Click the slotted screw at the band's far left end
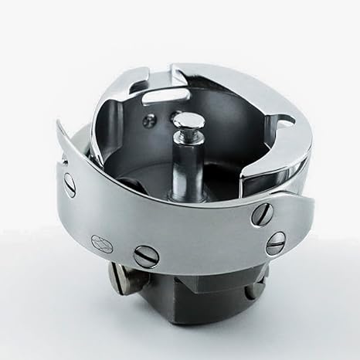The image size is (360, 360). pos(70,185)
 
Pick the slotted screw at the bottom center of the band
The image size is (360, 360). pos(146,254)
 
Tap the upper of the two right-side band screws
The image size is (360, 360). pos(261,215)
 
